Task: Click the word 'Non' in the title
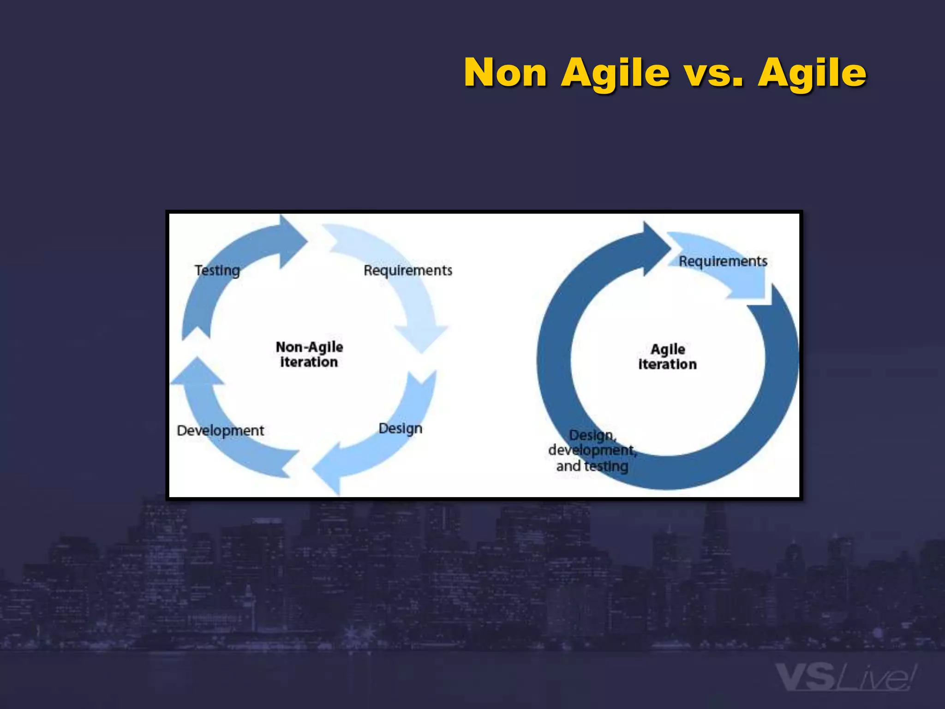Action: pos(505,73)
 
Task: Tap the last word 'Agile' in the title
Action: pos(812,73)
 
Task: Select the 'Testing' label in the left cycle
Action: pos(217,270)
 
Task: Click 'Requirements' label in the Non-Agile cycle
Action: pos(408,270)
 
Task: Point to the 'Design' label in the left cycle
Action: pos(400,428)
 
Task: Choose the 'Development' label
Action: pos(221,430)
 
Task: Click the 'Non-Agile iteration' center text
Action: pos(309,354)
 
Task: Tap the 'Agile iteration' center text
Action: pos(667,356)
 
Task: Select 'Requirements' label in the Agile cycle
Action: pos(723,261)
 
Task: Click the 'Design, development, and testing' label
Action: pos(592,451)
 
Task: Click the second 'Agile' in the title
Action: pos(812,73)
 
